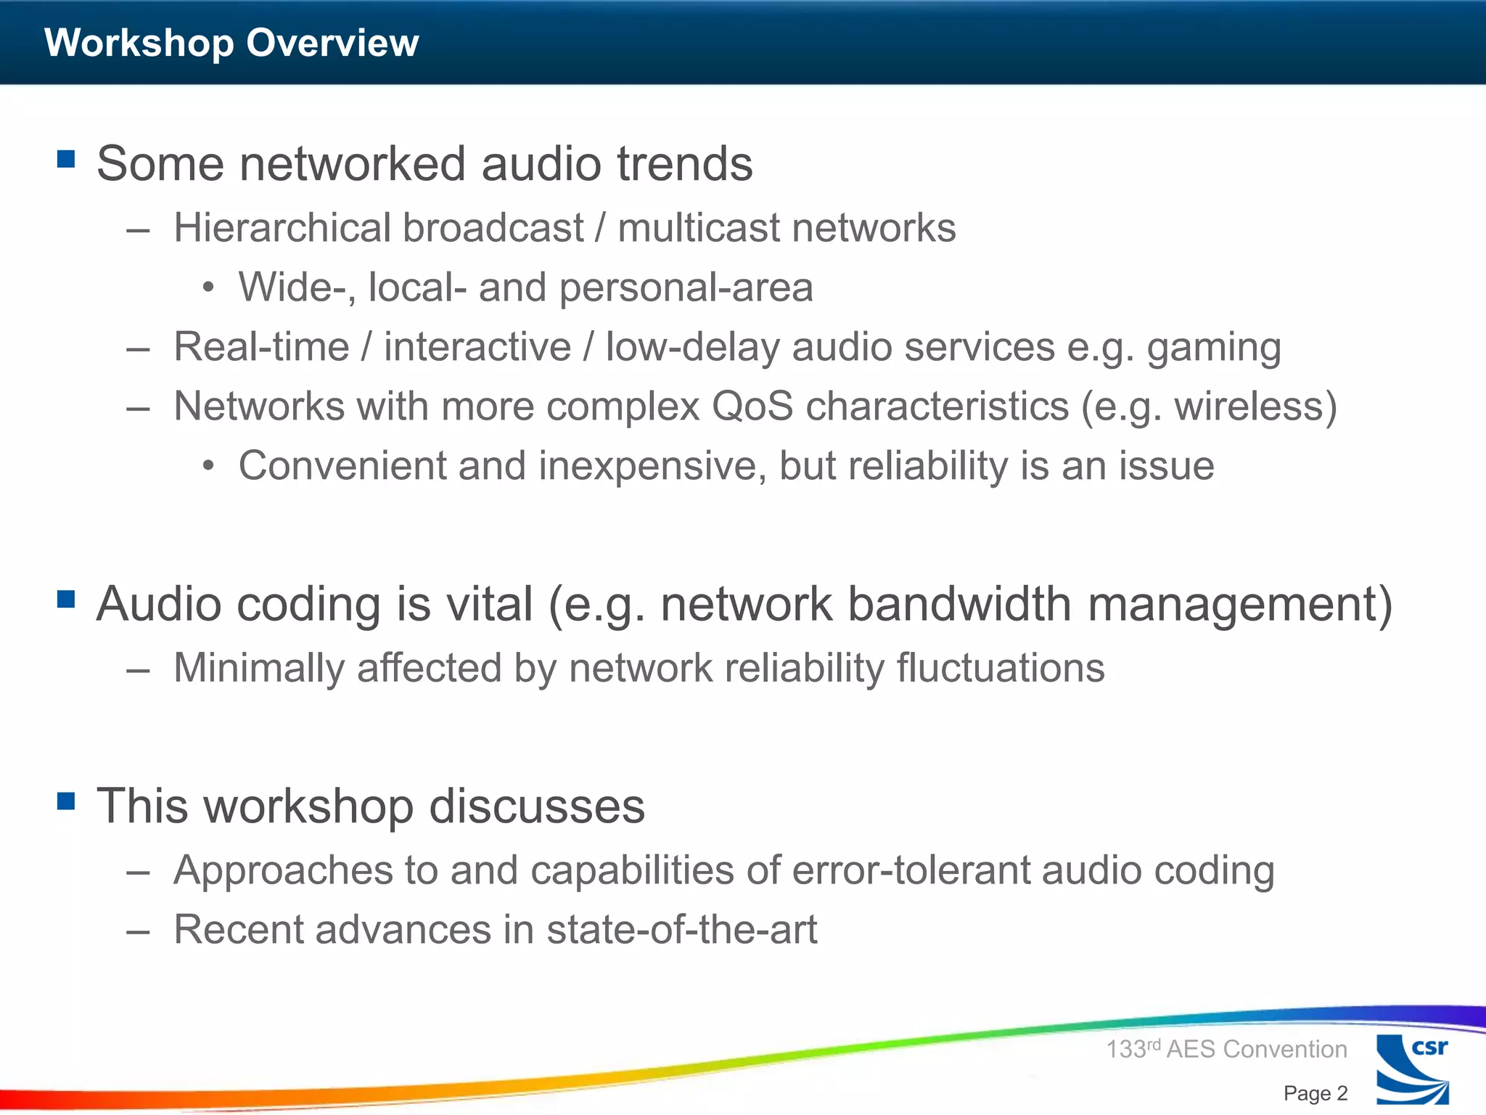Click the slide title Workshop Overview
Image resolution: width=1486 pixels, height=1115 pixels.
[x=231, y=42]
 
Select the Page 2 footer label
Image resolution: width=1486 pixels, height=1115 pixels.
[x=1315, y=1093]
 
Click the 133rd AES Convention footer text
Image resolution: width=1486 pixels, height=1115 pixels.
[x=1226, y=1049]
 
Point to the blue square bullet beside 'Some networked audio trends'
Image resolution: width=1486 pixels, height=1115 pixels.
[x=66, y=159]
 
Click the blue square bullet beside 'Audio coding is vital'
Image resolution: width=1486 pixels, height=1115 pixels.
[x=66, y=599]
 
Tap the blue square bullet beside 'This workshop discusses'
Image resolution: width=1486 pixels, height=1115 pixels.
[x=66, y=801]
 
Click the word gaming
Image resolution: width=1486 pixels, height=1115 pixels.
[x=1214, y=347]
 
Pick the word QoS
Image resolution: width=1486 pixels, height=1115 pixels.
[x=752, y=406]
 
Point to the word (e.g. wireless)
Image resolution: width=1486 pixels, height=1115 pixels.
[x=1209, y=407]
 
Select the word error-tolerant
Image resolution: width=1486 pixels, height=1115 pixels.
[x=911, y=870]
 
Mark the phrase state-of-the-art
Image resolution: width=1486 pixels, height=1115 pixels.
[x=681, y=929]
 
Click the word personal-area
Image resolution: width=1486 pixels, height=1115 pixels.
[x=686, y=287]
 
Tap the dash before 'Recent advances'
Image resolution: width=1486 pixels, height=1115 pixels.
[x=138, y=931]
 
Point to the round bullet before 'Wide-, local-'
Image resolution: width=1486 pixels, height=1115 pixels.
[x=209, y=288]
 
